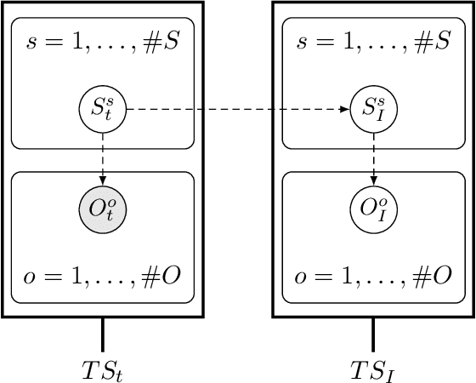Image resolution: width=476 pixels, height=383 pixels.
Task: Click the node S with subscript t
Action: pos(103,109)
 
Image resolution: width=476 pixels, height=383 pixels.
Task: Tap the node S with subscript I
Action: pos(373,109)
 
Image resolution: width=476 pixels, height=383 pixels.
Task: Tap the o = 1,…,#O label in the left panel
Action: pos(103,277)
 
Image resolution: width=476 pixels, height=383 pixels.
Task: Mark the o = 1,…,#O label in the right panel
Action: pos(373,277)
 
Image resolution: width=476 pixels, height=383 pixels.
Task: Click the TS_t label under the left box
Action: pos(103,369)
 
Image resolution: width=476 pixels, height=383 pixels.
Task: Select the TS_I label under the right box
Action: pos(373,369)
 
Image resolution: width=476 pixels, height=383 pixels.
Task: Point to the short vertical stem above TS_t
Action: pos(103,332)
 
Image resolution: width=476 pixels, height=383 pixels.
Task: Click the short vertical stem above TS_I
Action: pos(373,332)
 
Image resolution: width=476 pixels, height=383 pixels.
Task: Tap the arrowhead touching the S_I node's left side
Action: pos(347,109)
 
